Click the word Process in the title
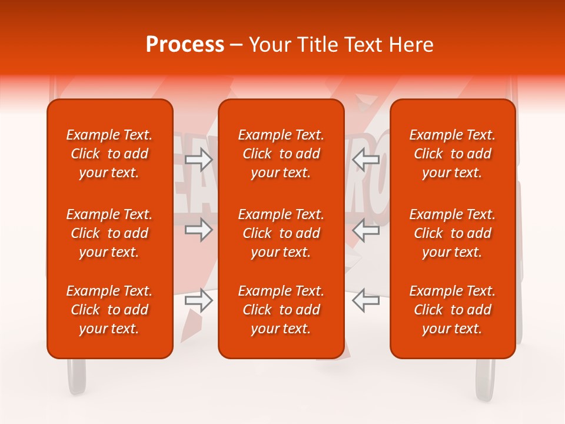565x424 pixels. click(x=185, y=45)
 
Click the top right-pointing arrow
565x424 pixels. click(x=198, y=159)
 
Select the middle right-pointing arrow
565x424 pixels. click(x=198, y=230)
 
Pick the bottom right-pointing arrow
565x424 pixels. click(x=198, y=300)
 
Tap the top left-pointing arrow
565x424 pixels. click(x=366, y=159)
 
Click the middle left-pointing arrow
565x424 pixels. click(x=366, y=230)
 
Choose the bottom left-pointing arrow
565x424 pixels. click(x=366, y=300)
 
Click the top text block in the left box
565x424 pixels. click(x=109, y=154)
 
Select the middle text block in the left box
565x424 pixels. click(x=109, y=233)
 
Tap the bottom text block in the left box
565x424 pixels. click(x=109, y=310)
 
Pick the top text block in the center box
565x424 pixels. click(x=281, y=154)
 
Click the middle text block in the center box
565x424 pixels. click(x=281, y=233)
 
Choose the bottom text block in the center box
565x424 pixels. click(x=281, y=310)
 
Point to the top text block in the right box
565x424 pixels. click(x=452, y=154)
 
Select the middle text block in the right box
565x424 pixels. click(x=452, y=233)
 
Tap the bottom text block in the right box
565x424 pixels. click(x=452, y=310)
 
